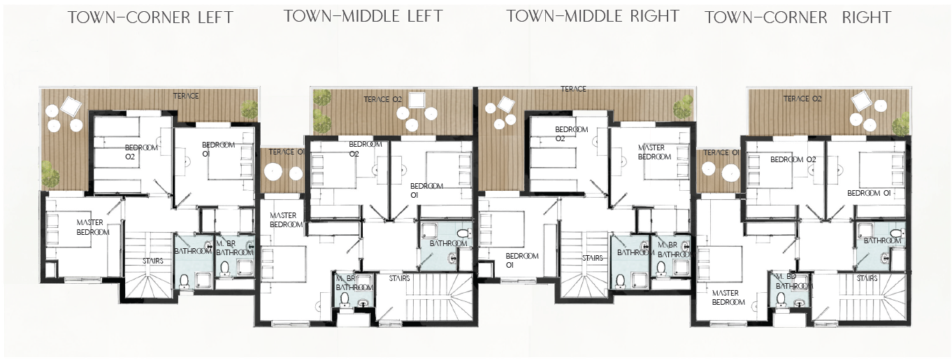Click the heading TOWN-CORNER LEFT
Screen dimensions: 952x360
150,17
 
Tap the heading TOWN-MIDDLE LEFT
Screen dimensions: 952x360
363,16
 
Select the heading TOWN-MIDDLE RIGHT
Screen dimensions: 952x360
593,16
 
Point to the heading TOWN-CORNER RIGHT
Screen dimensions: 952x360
798,17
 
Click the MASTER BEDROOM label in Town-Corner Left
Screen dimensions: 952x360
93,227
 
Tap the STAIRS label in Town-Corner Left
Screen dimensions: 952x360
152,261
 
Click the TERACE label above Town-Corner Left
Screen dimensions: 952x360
186,96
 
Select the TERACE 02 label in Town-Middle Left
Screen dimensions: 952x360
382,99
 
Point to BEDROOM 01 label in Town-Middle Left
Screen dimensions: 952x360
426,190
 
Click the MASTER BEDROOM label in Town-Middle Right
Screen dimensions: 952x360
654,152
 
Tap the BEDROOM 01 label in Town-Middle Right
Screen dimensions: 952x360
522,260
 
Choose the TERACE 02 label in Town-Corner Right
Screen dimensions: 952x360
802,99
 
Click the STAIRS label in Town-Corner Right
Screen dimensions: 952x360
867,278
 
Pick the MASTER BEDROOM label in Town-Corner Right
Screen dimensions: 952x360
728,298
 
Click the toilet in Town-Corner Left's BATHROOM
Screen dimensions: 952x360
185,281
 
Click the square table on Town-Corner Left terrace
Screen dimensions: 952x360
71,106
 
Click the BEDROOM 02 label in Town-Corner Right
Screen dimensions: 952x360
793,159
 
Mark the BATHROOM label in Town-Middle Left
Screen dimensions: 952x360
448,243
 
